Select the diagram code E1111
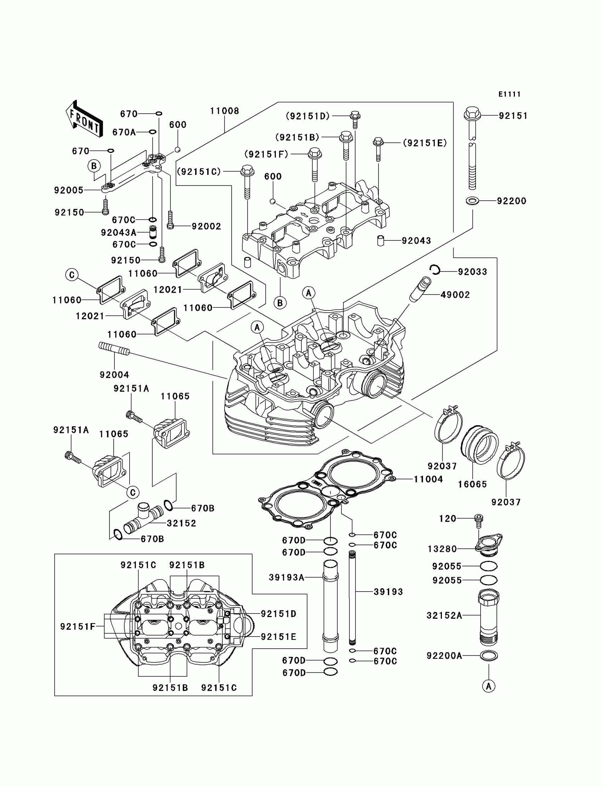[x=509, y=94]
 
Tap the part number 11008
[x=224, y=111]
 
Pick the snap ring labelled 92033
[x=435, y=270]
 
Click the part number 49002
[x=455, y=295]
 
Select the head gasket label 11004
[x=428, y=479]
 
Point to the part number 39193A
[x=286, y=577]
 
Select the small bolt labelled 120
[x=478, y=520]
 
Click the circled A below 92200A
[x=488, y=686]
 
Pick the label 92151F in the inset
[x=78, y=627]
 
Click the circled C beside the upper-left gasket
[x=72, y=275]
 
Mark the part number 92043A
[x=119, y=233]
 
